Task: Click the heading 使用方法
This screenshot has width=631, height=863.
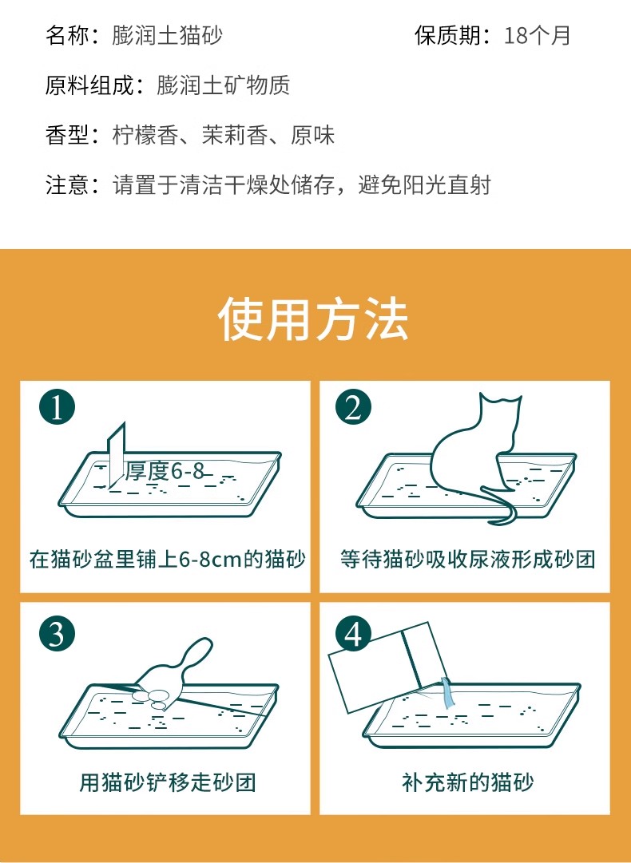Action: [x=313, y=319]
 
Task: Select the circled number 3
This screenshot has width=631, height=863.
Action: [x=57, y=633]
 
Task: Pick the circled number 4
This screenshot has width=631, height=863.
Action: [x=354, y=633]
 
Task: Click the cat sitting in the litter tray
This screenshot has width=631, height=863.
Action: [x=474, y=451]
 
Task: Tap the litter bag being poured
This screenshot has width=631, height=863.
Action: [x=386, y=666]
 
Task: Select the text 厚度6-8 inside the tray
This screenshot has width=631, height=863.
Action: [x=165, y=470]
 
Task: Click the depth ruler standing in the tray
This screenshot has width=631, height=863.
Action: [x=117, y=456]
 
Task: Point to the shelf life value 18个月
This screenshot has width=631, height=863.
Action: [x=537, y=35]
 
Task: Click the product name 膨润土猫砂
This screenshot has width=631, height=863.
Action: [x=167, y=35]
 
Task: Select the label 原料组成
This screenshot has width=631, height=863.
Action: [x=89, y=85]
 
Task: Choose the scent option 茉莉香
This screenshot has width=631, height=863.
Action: [x=234, y=136]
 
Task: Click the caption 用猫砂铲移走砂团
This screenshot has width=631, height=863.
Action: [x=168, y=782]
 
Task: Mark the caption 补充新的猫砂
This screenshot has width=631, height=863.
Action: [x=467, y=782]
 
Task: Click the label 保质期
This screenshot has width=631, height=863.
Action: [x=447, y=35]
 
